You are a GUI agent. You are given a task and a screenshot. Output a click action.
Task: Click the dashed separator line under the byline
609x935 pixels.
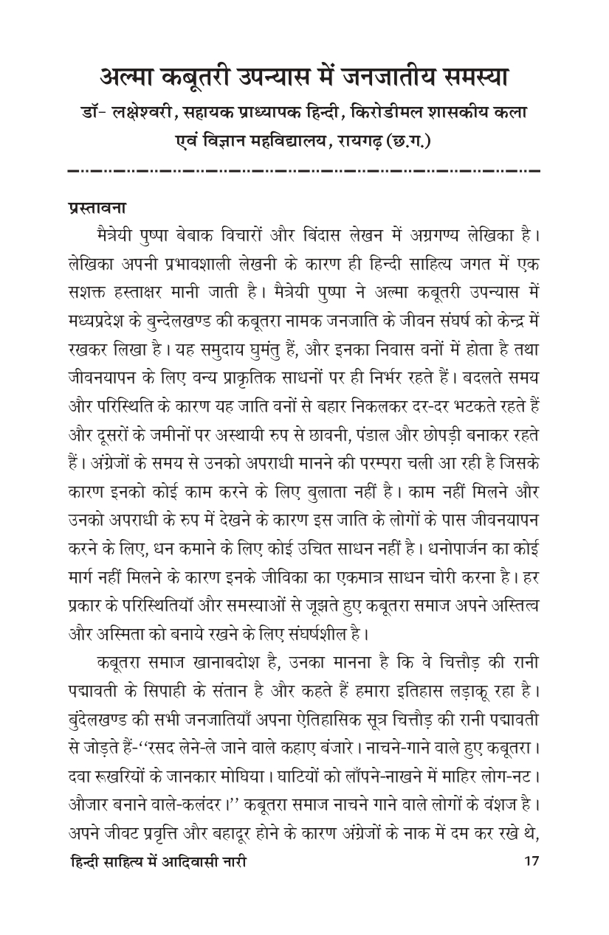(304, 172)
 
